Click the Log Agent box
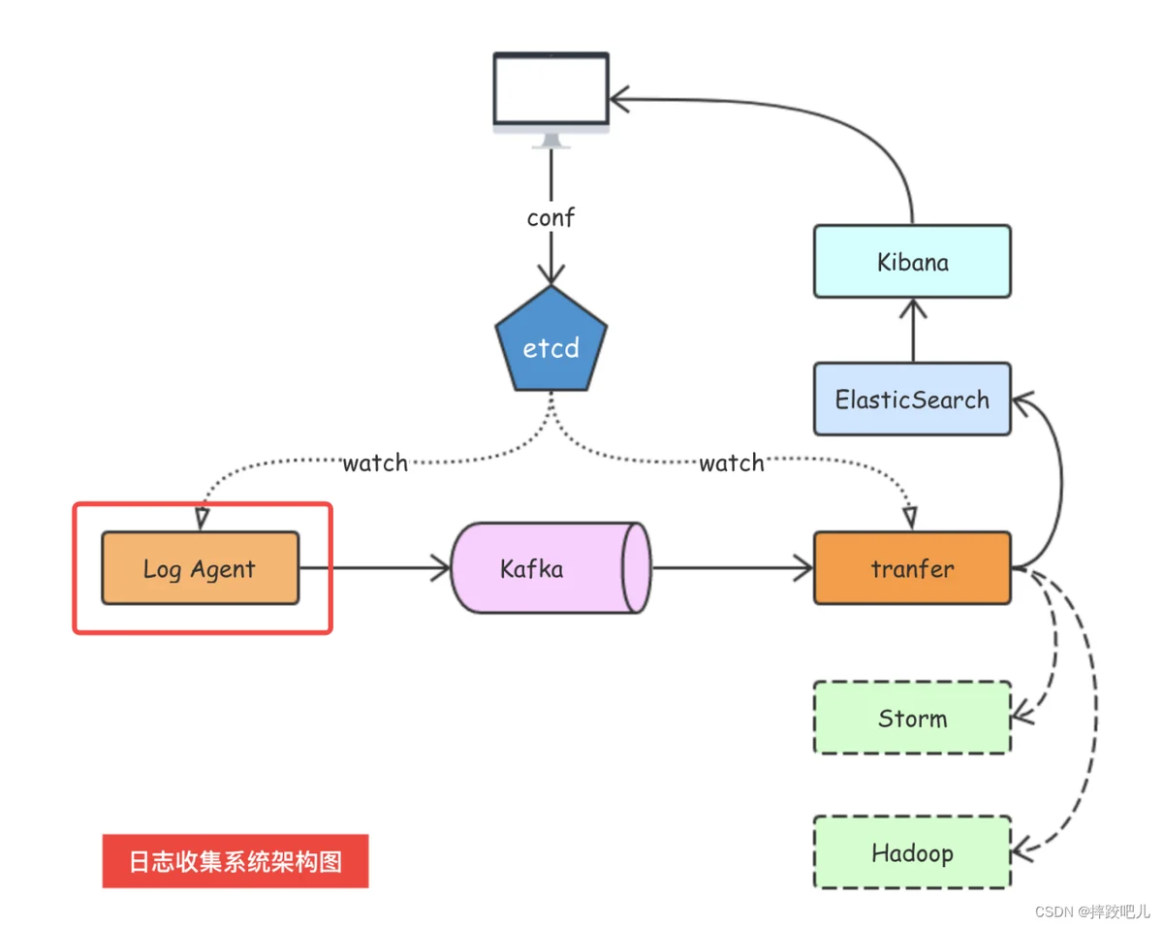pos(200,568)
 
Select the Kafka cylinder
pos(550,568)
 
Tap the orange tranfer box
pos(911,568)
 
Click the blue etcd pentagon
pos(550,343)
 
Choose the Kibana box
pos(911,262)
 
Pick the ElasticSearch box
pos(911,399)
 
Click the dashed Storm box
pos(911,718)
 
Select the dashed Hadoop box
pos(911,853)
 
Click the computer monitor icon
pos(550,95)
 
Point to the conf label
pos(550,218)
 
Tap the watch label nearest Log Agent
pos(375,463)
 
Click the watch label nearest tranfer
pos(732,463)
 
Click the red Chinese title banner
pos(236,861)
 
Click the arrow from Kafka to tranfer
pos(733,568)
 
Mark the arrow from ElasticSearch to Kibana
pos(912,330)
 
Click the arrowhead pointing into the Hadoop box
pos(1022,850)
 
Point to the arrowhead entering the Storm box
pos(1021,719)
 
